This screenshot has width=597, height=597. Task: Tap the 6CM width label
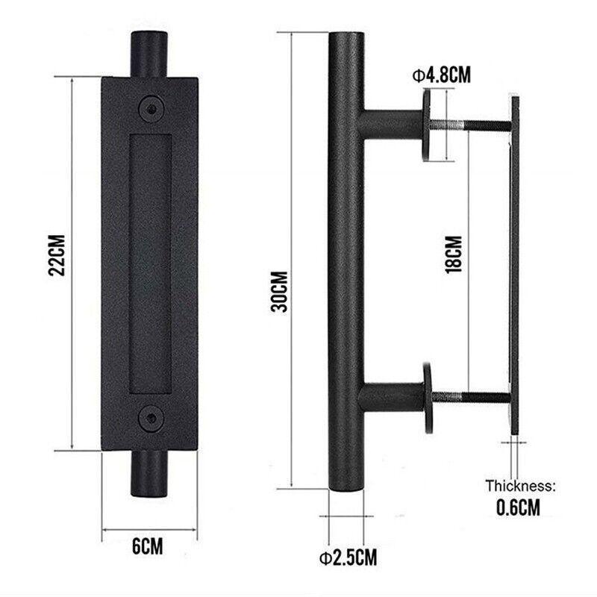[x=148, y=546]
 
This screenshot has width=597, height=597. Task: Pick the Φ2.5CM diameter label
[x=348, y=557]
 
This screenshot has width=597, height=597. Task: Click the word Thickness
[x=520, y=487]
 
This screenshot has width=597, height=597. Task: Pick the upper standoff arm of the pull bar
[x=392, y=124]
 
